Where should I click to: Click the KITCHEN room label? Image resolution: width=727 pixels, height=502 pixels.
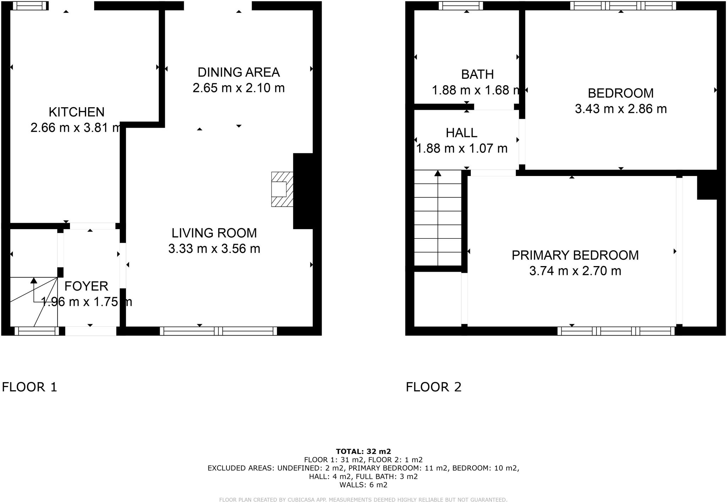[76, 112]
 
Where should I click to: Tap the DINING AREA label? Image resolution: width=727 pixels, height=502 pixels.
[239, 72]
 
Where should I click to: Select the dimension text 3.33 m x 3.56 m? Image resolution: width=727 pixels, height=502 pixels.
[214, 249]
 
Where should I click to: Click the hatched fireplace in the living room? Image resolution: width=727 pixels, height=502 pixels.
[282, 189]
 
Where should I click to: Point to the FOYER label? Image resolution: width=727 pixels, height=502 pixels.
[86, 286]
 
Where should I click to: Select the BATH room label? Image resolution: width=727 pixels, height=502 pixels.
[477, 75]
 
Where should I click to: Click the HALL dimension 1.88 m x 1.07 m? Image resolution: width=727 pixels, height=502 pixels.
[461, 148]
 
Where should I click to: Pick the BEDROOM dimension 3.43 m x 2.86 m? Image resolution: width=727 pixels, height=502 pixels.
[621, 109]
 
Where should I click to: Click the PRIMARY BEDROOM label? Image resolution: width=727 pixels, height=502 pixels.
[575, 255]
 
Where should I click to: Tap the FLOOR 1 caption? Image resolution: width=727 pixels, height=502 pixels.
[29, 387]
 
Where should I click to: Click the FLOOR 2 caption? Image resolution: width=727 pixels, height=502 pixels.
[433, 387]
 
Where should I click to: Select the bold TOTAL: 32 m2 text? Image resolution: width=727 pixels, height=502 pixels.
[363, 451]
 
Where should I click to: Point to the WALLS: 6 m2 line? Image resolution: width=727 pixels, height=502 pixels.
[363, 485]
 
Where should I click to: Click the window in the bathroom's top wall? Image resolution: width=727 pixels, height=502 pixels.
[461, 6]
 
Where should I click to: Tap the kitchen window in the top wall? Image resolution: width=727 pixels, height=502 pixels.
[30, 6]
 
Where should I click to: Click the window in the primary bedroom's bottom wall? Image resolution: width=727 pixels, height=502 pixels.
[616, 331]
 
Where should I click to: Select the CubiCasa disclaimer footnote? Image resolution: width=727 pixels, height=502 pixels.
[363, 500]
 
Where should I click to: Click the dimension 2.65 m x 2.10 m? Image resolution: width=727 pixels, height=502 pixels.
[239, 88]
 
